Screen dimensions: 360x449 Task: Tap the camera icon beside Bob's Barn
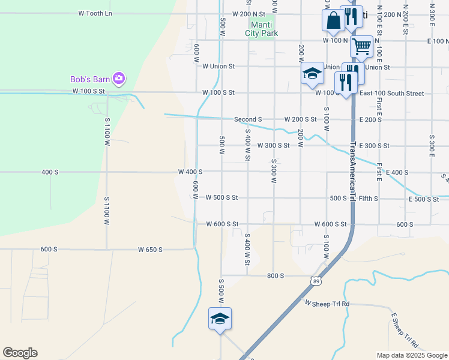coord(118,78)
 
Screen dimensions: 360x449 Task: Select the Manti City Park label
coord(261,29)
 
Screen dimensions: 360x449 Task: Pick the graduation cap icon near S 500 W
coord(220,318)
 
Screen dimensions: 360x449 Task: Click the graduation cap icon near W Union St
coord(312,73)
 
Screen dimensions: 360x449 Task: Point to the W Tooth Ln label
coord(95,13)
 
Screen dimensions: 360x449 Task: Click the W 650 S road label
coord(150,250)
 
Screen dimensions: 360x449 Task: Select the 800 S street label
coord(275,275)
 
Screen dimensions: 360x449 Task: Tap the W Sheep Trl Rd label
coord(327,304)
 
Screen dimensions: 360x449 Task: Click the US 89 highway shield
coord(316,281)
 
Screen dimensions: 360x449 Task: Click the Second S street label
coord(248,119)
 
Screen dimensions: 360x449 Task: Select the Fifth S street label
coord(368,198)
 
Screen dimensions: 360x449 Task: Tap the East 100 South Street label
coord(391,94)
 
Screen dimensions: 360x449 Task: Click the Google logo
coord(20,353)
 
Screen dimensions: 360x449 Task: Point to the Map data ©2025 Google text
coord(411,355)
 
